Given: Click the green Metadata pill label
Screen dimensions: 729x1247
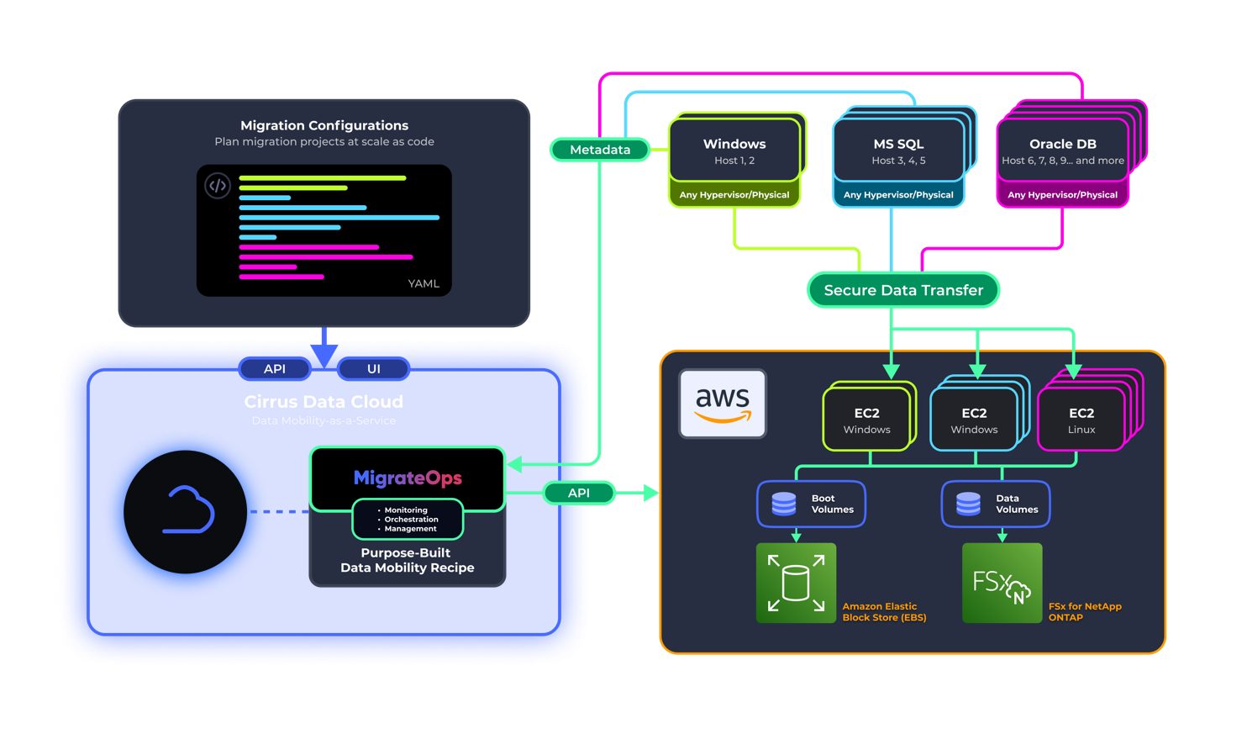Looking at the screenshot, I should (x=600, y=150).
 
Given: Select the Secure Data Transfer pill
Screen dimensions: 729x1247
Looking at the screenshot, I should (x=903, y=290).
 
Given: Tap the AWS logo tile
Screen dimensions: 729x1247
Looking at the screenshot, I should (x=723, y=404).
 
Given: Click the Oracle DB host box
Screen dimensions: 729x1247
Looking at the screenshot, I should (x=1062, y=151).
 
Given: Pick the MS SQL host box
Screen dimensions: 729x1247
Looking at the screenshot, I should (x=898, y=151).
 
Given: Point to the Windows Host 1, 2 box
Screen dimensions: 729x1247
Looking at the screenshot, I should (x=734, y=151).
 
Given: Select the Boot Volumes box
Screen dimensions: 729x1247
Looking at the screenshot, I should (x=811, y=504).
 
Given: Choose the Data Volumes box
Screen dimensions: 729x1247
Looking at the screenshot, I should (x=995, y=504).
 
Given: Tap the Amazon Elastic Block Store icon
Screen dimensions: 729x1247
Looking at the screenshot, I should (x=796, y=583).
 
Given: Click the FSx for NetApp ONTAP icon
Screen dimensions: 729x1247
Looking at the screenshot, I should (x=1002, y=583).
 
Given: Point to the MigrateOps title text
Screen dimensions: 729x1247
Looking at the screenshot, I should (x=408, y=478).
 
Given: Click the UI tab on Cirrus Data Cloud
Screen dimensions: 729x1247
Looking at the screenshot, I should (x=374, y=368).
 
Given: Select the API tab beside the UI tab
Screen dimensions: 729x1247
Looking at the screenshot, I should (x=275, y=368).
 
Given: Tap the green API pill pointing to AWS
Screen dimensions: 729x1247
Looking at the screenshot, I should (x=579, y=493).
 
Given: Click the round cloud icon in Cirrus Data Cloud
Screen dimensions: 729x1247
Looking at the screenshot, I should (x=186, y=512).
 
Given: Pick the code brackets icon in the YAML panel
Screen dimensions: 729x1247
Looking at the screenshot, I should (x=218, y=186).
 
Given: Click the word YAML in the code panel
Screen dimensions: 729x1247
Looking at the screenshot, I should (x=424, y=283).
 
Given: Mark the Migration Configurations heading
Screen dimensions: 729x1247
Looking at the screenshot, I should (x=324, y=125).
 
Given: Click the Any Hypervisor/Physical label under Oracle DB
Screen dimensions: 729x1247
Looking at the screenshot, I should (x=1062, y=194).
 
